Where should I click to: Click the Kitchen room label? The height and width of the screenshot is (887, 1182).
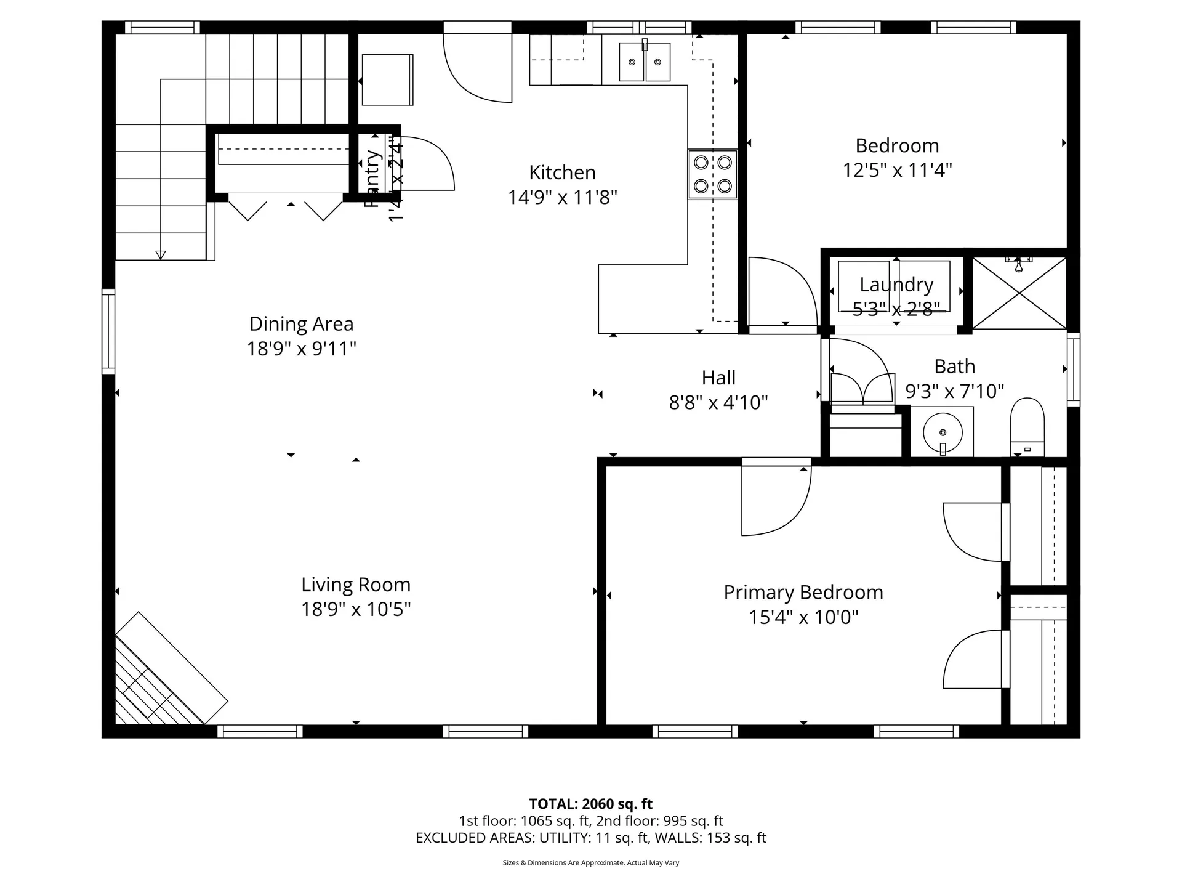(562, 172)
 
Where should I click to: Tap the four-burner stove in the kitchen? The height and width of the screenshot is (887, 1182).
(712, 174)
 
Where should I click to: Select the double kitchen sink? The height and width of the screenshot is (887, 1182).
(645, 62)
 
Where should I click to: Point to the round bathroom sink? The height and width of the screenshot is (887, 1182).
(943, 432)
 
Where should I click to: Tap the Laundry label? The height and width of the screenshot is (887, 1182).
(896, 285)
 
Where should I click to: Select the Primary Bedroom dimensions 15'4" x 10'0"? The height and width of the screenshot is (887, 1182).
(803, 617)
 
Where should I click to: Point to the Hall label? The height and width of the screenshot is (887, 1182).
(718, 378)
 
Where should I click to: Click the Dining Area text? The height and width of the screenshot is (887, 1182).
(301, 324)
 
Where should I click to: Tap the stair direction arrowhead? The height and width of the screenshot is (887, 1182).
(161, 255)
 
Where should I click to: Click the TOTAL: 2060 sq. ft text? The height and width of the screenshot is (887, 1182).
(590, 804)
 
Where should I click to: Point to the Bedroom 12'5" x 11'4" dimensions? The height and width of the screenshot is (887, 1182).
(897, 170)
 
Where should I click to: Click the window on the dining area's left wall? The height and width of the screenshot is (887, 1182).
(108, 331)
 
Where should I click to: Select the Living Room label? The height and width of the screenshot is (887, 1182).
(355, 585)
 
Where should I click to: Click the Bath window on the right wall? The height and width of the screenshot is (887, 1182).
(1073, 369)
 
